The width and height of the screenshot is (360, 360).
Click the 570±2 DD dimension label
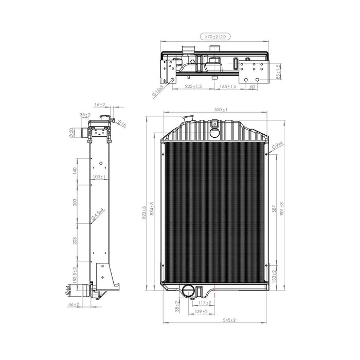click(215, 37)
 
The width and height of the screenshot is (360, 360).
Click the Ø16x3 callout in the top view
click(158, 92)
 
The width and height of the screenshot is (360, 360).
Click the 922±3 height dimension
click(146, 210)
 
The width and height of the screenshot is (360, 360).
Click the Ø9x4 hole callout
click(278, 148)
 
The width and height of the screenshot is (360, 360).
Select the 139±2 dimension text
click(202, 311)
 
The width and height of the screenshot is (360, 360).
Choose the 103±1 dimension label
click(99, 177)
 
